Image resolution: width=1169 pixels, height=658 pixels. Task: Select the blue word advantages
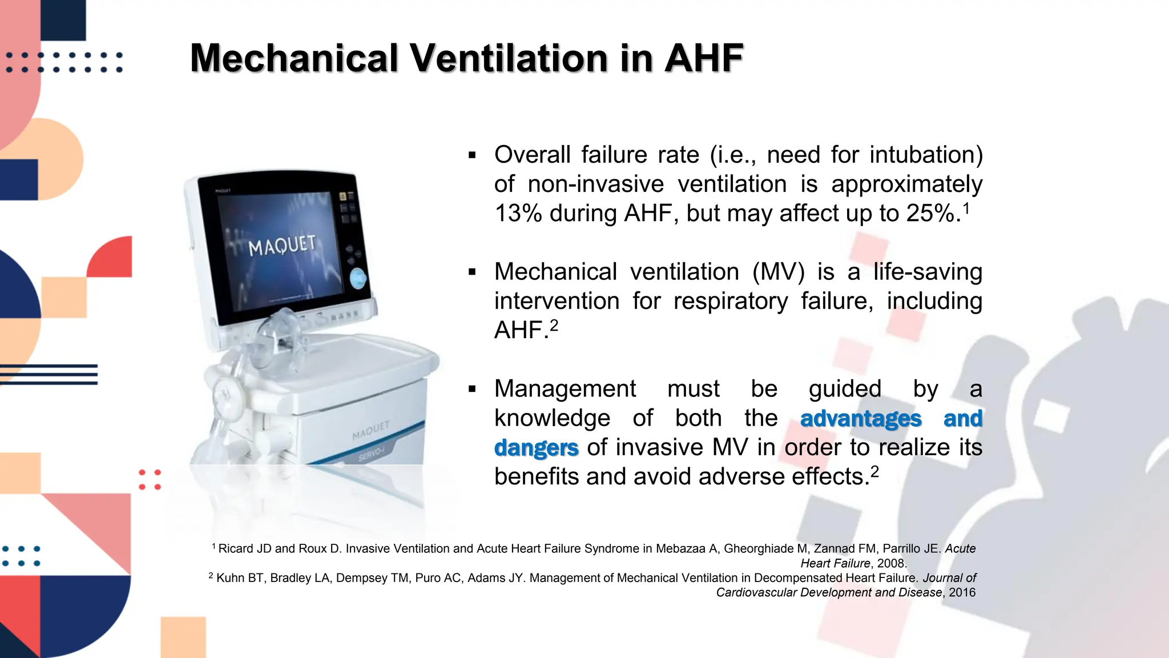pyautogui.click(x=861, y=418)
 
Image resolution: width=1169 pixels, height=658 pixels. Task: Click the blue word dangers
pyautogui.click(x=536, y=447)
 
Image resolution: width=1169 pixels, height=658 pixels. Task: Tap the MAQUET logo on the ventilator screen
pyautogui.click(x=281, y=246)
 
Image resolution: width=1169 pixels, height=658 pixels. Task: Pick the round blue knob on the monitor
pyautogui.click(x=358, y=278)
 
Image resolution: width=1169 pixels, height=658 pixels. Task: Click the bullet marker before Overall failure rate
pyautogui.click(x=472, y=155)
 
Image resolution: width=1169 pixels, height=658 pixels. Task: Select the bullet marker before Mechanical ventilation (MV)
pyautogui.click(x=472, y=272)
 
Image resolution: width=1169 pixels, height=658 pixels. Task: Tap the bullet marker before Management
pyautogui.click(x=472, y=389)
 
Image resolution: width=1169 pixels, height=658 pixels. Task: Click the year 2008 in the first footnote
pyautogui.click(x=892, y=563)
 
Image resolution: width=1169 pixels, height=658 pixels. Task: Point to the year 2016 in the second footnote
pyautogui.click(x=962, y=592)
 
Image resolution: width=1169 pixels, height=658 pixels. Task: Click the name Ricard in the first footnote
pyautogui.click(x=236, y=549)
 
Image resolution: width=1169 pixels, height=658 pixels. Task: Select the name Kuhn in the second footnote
pyautogui.click(x=230, y=578)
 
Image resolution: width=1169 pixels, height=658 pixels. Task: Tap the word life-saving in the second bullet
pyautogui.click(x=928, y=272)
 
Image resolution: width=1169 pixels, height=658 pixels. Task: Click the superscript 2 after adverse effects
pyautogui.click(x=874, y=471)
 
